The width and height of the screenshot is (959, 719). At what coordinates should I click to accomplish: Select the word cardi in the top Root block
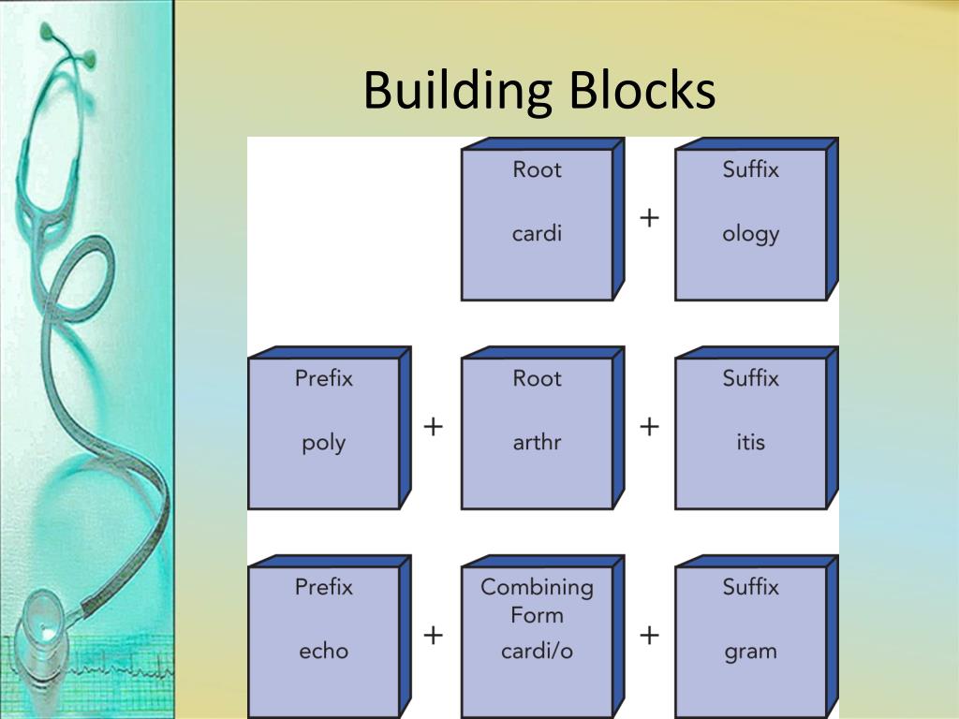[537, 233]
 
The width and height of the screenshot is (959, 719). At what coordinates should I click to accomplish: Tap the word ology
[750, 234]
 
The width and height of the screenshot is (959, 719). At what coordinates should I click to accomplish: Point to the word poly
[323, 443]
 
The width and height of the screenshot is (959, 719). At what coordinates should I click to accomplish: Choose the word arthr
[537, 442]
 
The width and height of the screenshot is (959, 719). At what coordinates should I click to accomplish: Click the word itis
[750, 442]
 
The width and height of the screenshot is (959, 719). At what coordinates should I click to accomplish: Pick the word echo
[323, 651]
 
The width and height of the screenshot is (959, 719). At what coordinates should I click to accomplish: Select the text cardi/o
[537, 651]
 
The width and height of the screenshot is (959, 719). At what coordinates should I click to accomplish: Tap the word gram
[750, 652]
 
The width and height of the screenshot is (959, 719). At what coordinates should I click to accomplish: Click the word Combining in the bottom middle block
[537, 587]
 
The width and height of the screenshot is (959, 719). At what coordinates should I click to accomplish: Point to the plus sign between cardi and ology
[649, 217]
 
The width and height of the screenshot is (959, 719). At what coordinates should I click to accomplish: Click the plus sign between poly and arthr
[433, 427]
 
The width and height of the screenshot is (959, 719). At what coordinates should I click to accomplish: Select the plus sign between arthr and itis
[649, 427]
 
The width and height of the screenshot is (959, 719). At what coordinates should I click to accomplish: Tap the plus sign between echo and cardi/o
[433, 636]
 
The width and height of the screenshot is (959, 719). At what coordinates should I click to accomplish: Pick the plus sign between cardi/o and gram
[649, 636]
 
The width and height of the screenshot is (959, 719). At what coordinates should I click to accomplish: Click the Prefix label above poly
[323, 378]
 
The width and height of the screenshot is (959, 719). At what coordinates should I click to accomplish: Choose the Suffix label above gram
[750, 587]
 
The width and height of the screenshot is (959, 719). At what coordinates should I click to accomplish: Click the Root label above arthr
[537, 378]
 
